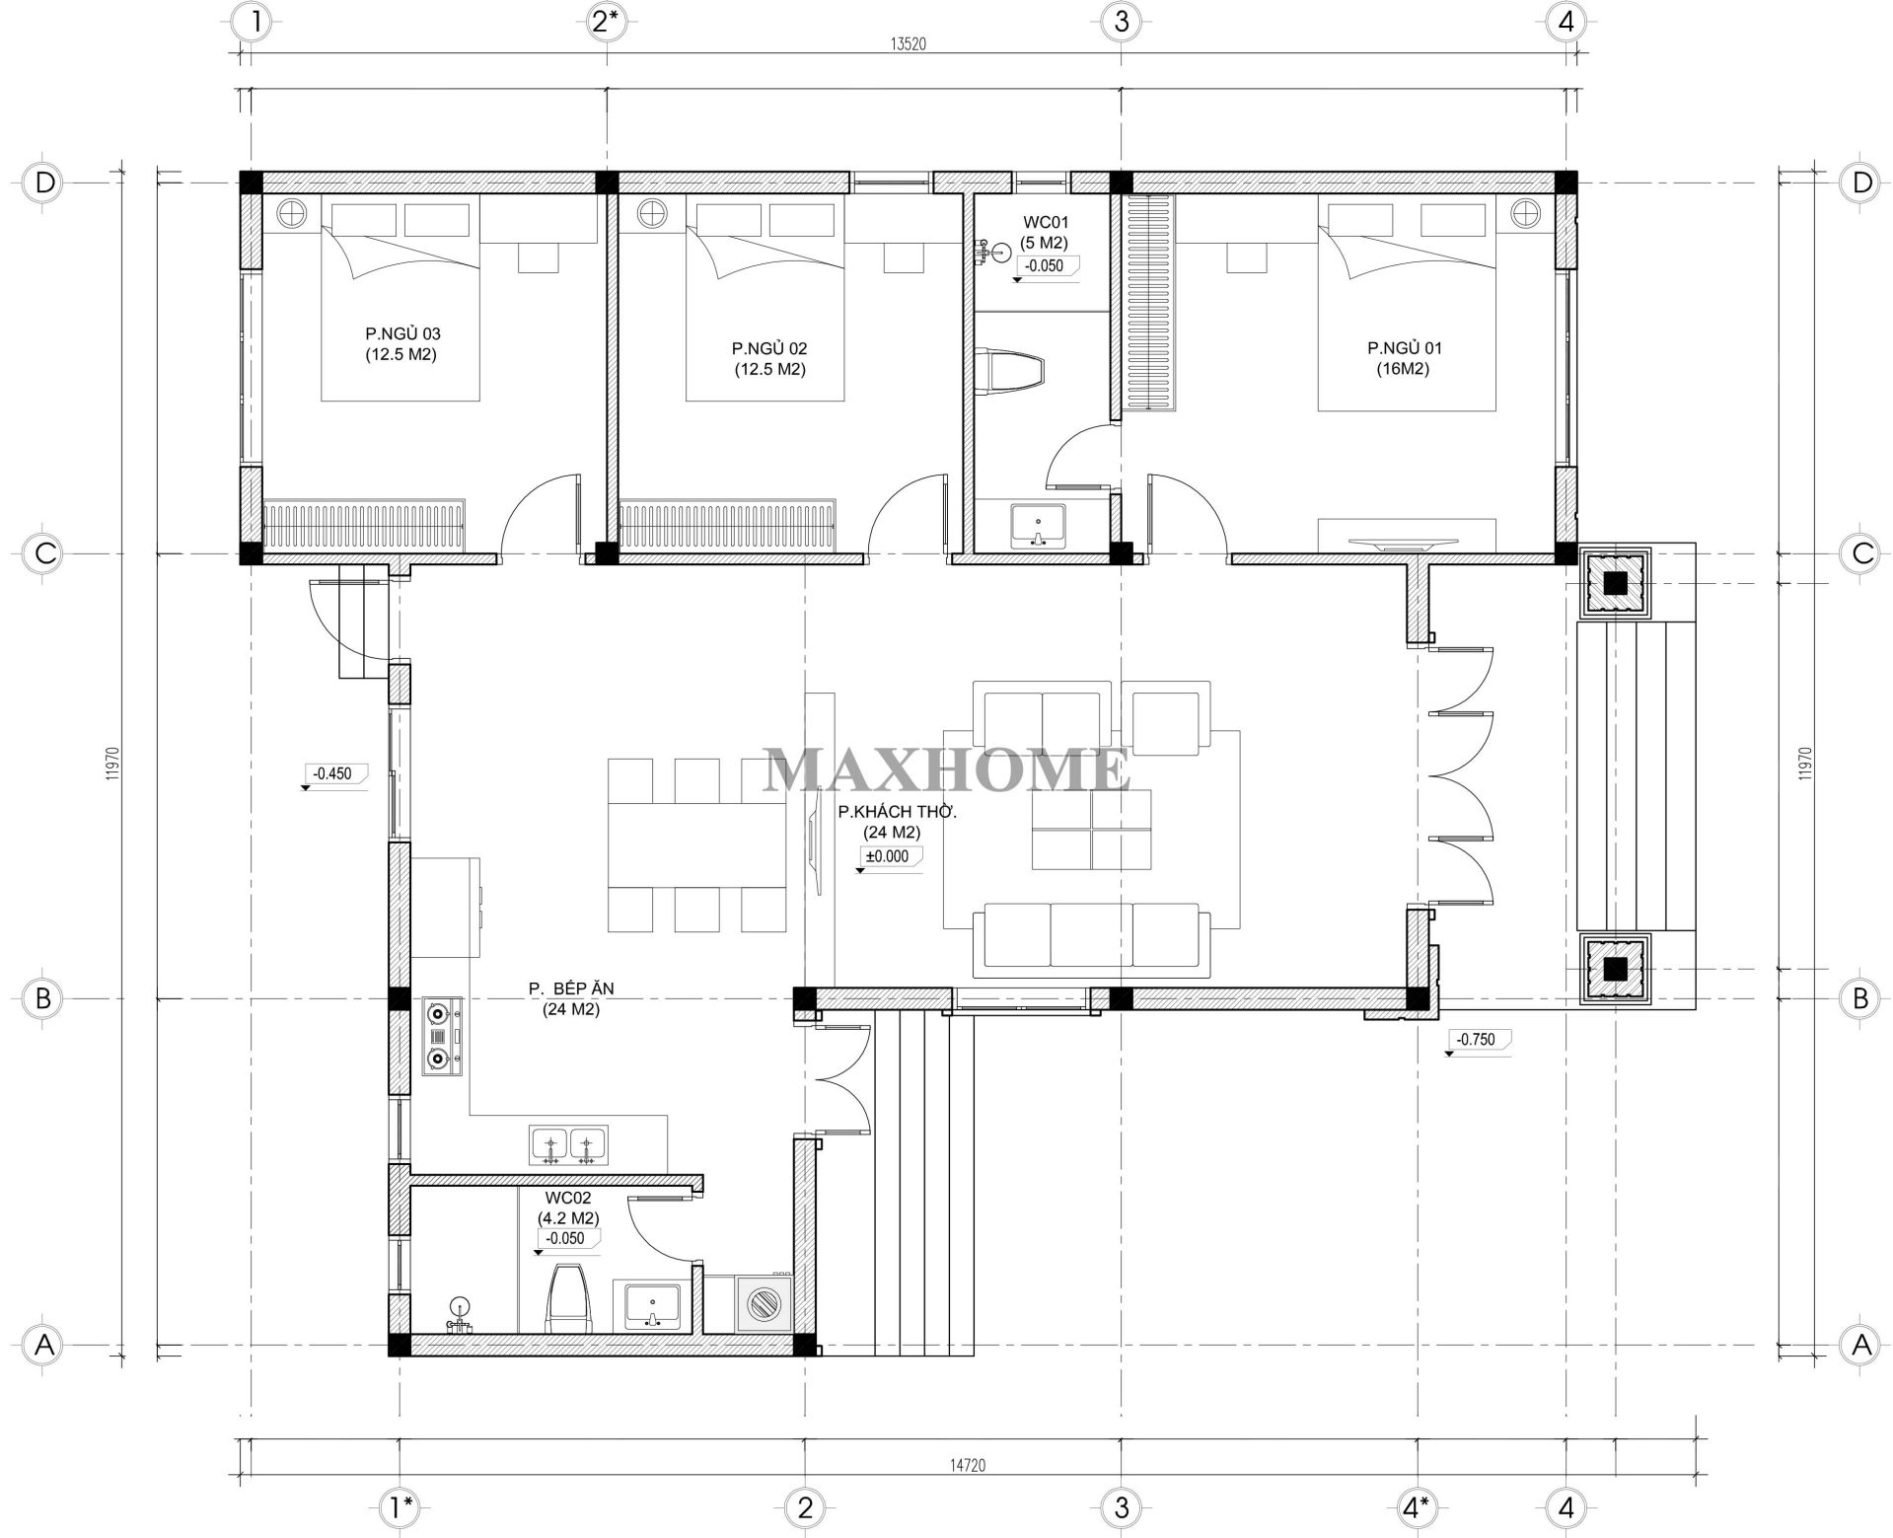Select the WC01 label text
pos(1046,223)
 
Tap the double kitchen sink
pos(568,1145)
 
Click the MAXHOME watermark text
pos(947,769)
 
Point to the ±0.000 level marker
pos(887,856)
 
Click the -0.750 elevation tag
pos(1476,1039)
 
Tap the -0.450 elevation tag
pos(332,773)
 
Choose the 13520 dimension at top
pos(909,43)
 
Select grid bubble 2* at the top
pos(604,21)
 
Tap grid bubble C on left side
pos(43,552)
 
